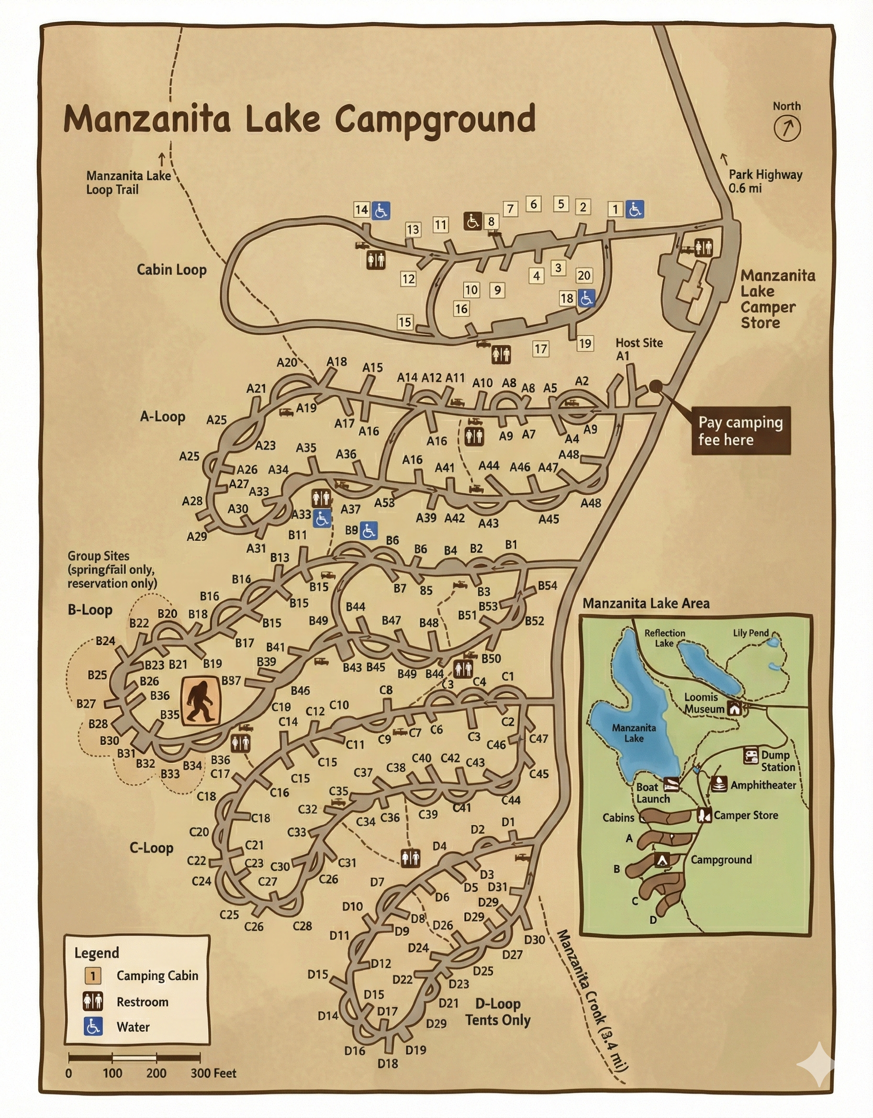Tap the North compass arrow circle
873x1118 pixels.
(x=786, y=128)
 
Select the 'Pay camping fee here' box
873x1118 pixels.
(x=740, y=431)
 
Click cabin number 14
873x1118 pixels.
(x=361, y=209)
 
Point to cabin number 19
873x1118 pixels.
(x=585, y=343)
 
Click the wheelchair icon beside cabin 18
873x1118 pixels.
(x=586, y=298)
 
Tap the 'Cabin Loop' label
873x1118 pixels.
(x=171, y=270)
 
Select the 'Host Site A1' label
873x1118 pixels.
(x=638, y=348)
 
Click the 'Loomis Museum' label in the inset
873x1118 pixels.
(x=704, y=703)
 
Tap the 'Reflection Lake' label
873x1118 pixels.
(x=664, y=637)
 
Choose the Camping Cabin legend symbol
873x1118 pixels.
(x=93, y=976)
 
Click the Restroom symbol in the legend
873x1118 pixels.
(x=93, y=1001)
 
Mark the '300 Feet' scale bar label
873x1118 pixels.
(x=213, y=1073)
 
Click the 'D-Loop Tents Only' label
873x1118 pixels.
(x=498, y=1012)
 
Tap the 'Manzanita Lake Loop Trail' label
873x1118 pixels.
(x=128, y=182)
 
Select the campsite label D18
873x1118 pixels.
(x=388, y=1063)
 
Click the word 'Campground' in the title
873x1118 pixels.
(x=435, y=119)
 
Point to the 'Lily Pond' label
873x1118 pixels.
(x=750, y=633)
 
